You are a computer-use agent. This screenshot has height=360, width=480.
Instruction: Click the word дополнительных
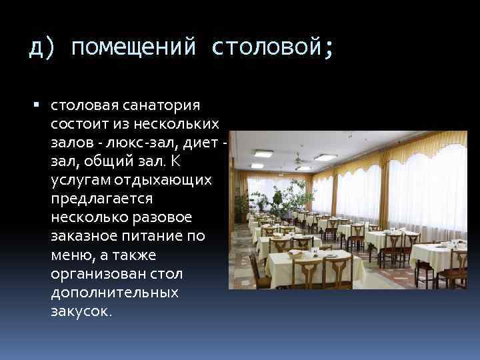click(113, 293)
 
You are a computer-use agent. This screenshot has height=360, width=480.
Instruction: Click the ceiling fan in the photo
click(298, 159)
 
